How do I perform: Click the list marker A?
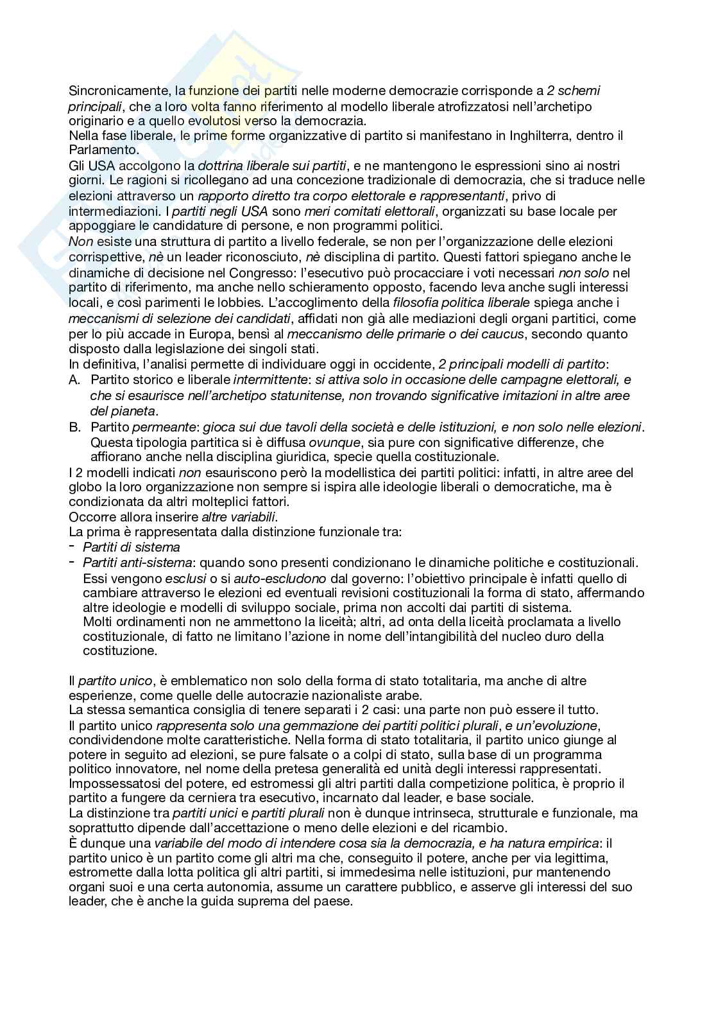coord(74,380)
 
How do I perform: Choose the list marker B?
coord(74,427)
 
